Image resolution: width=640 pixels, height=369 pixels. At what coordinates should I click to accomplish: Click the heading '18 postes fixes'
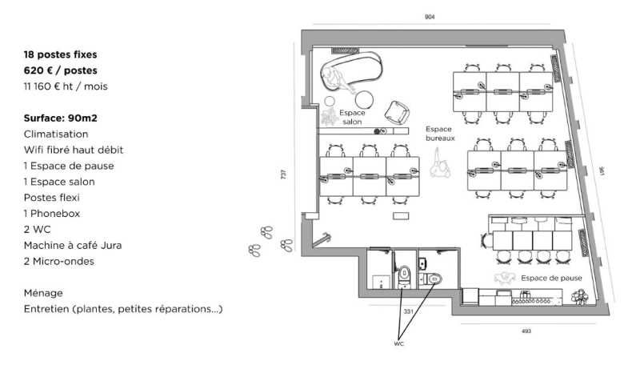(x=61, y=54)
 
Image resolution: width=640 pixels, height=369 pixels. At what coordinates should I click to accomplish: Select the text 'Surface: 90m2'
(x=61, y=118)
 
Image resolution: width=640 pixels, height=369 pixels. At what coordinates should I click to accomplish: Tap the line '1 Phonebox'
(x=52, y=214)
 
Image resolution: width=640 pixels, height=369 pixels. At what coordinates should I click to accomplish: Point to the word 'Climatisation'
(x=56, y=134)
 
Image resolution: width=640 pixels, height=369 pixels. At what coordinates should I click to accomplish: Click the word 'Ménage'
(x=43, y=293)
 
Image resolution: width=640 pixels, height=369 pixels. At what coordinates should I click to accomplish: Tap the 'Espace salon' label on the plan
(x=352, y=118)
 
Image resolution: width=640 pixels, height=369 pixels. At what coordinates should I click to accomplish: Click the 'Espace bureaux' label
(x=440, y=134)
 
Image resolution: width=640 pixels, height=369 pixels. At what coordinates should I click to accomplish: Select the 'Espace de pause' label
(x=551, y=278)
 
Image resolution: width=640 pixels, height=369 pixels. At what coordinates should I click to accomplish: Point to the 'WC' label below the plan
(x=399, y=344)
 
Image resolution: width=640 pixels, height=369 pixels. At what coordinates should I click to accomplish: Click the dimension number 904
(x=430, y=17)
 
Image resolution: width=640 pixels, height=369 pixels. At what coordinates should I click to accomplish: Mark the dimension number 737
(x=283, y=174)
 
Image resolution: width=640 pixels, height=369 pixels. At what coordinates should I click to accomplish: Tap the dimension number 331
(x=407, y=311)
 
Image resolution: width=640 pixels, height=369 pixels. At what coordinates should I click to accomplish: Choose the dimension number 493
(x=526, y=331)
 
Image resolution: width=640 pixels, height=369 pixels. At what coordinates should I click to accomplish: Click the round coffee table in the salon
(x=364, y=99)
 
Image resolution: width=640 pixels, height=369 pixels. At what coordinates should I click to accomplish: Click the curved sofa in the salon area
(x=349, y=70)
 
